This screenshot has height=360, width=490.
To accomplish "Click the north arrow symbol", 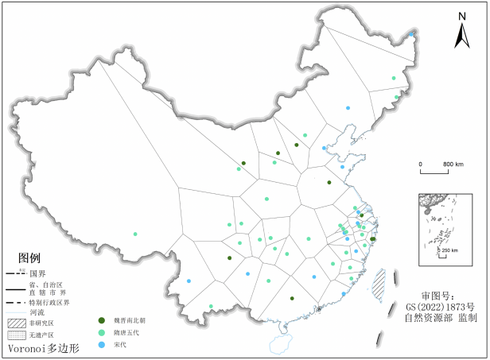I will point(461,37).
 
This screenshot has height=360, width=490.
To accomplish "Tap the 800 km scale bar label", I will point(453,164).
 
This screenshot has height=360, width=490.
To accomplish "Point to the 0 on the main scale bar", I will point(421,164).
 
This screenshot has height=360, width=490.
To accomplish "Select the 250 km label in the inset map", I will point(449,251).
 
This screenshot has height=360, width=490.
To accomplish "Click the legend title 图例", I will point(29,258).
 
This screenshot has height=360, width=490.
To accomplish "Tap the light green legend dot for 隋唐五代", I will point(101,332).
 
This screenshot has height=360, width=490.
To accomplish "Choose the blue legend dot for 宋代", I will point(101,344).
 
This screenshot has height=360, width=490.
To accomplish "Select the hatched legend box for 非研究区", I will point(17,323).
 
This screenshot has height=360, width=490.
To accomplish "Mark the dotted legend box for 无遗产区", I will point(17,335).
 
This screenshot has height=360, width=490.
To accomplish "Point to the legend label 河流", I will point(37,312).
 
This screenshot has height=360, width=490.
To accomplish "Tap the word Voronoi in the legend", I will point(29,349).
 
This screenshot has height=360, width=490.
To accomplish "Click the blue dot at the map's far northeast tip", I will point(411,35).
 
